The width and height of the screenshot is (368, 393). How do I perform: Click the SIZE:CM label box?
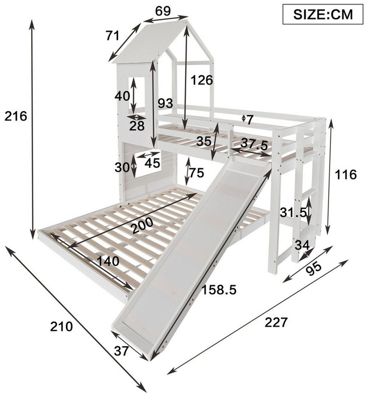click(323, 14)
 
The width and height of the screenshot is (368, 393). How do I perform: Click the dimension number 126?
click(202, 80)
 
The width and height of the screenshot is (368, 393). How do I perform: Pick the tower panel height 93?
click(166, 103)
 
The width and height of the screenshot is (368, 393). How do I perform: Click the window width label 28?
click(137, 126)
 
